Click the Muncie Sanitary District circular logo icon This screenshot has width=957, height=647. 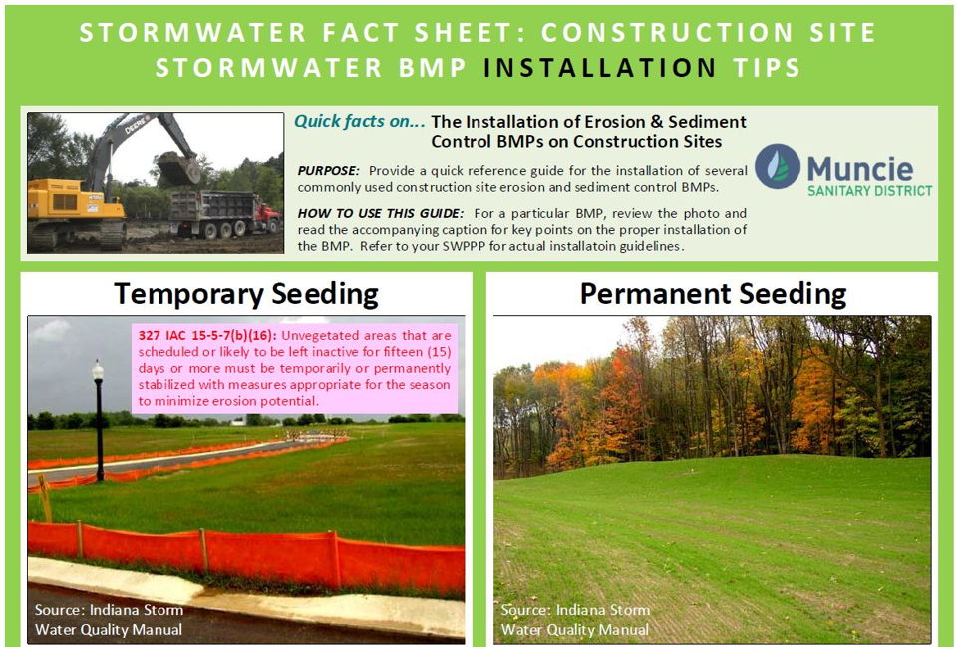coord(777,166)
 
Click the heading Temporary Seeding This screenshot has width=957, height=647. coord(246,295)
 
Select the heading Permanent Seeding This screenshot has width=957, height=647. coord(713,295)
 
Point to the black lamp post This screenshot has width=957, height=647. coord(99,420)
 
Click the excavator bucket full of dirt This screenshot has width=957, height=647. coord(178,168)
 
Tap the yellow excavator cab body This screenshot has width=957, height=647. coord(73,199)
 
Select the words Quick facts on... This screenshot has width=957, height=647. coord(359,121)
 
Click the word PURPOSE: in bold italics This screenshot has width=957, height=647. coord(328,171)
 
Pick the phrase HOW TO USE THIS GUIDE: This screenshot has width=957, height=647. coord(380,213)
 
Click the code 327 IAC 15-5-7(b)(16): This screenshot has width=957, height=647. coord(207,335)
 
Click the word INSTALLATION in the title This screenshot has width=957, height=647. coord(599,67)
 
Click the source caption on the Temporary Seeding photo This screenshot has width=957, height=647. coord(109,619)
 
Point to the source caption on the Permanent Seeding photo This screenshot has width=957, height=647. coord(575,619)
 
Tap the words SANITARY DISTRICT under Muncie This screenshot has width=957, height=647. coord(869,191)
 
